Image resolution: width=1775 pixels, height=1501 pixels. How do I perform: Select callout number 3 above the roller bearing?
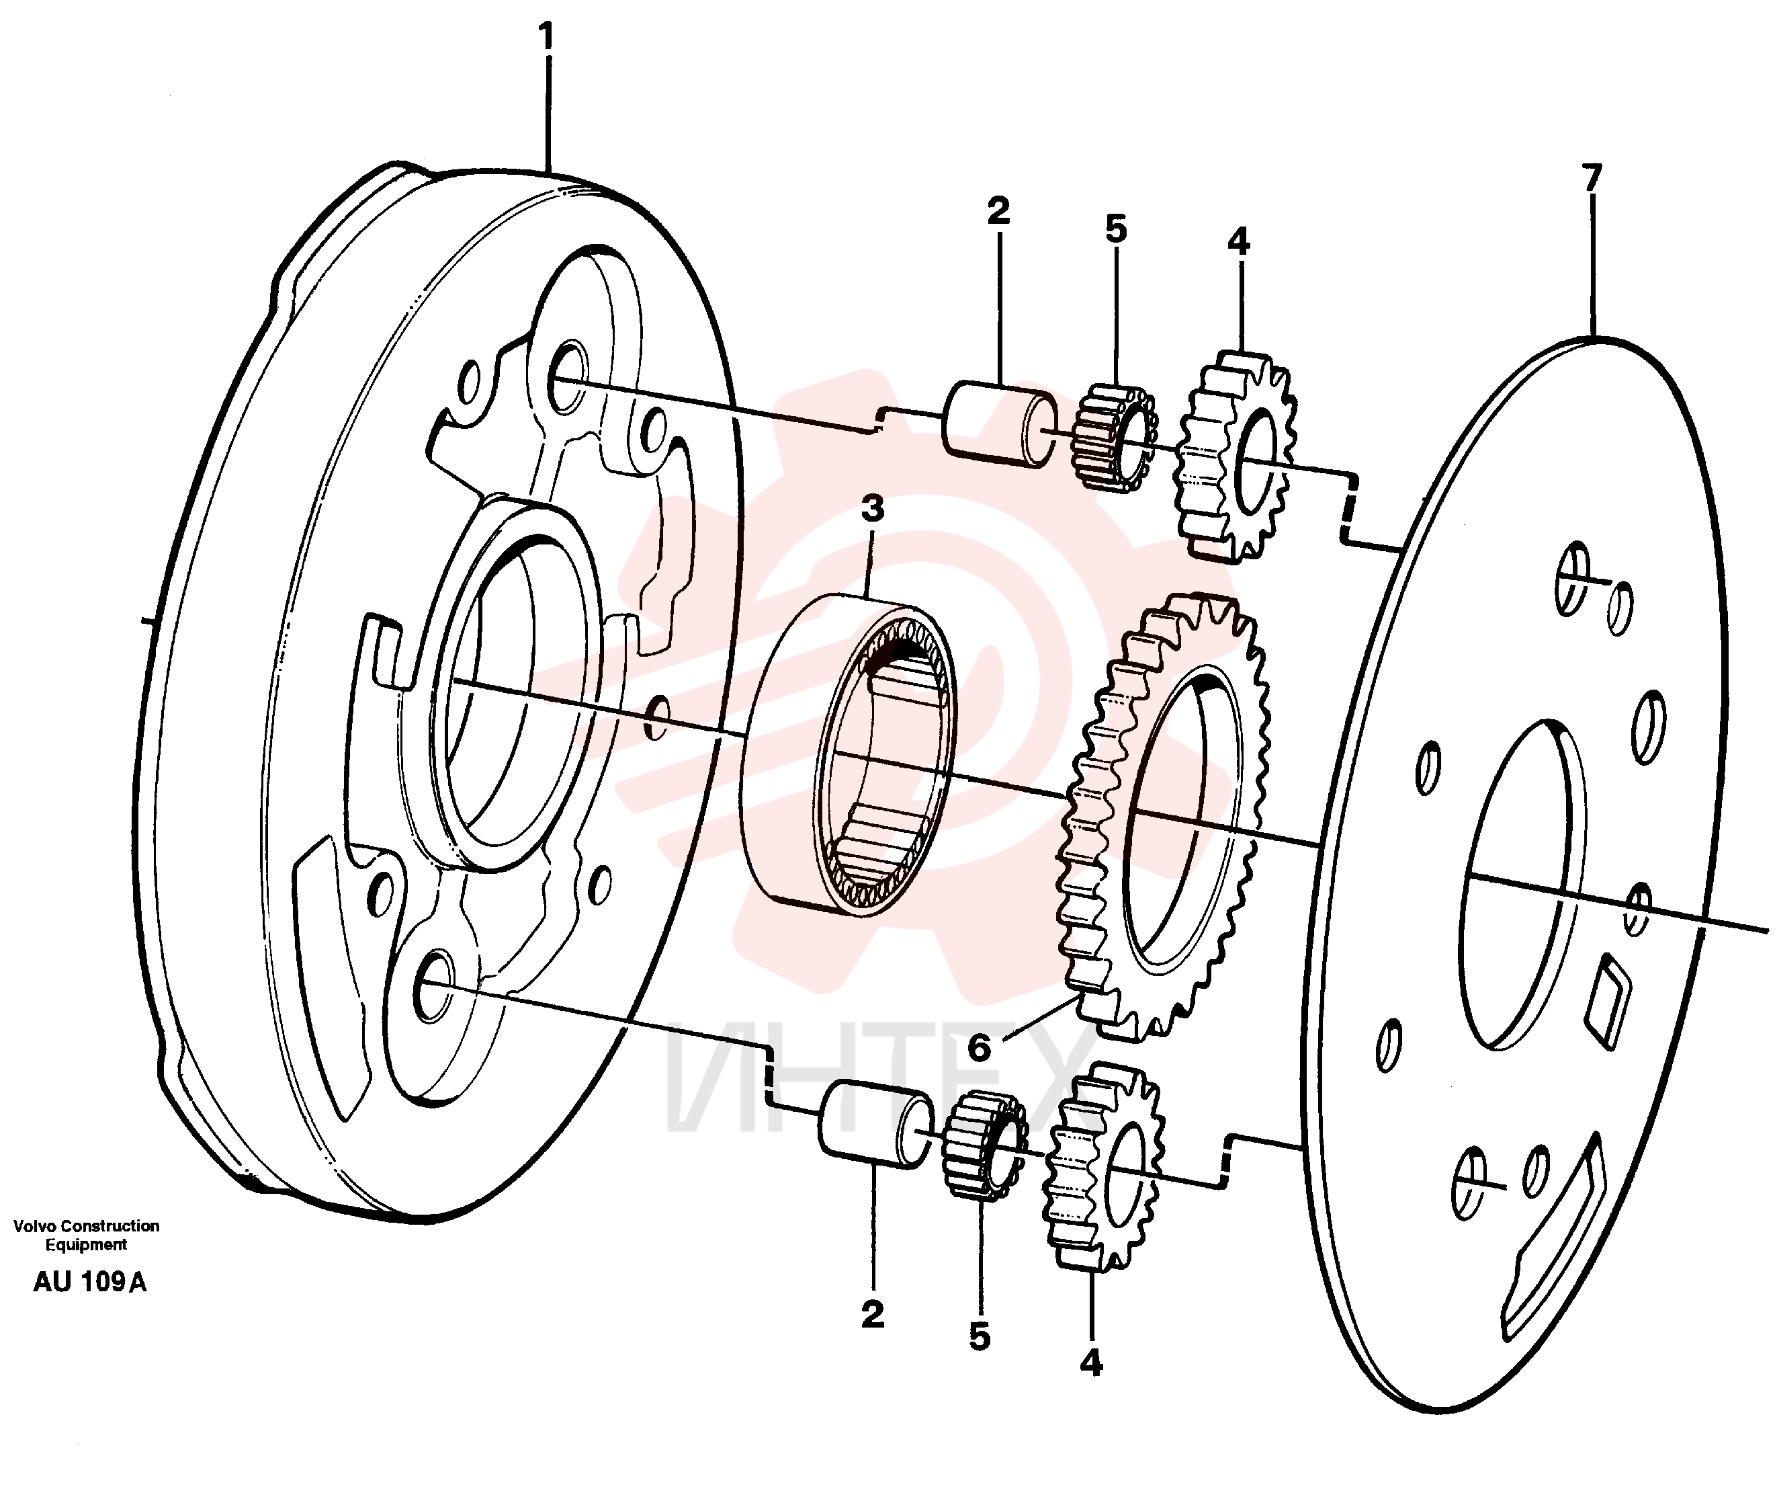coord(872,509)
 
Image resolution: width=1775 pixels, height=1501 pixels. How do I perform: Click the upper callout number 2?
coord(998,210)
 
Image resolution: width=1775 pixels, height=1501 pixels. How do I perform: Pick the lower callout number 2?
coord(873,1315)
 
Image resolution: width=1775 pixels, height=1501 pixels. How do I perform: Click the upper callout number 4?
coord(1238,242)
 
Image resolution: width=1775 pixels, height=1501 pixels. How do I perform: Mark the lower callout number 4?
coord(1090,1363)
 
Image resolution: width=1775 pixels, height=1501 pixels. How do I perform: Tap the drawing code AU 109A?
coord(89,1283)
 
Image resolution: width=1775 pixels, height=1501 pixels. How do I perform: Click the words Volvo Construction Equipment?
coord(86,1235)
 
